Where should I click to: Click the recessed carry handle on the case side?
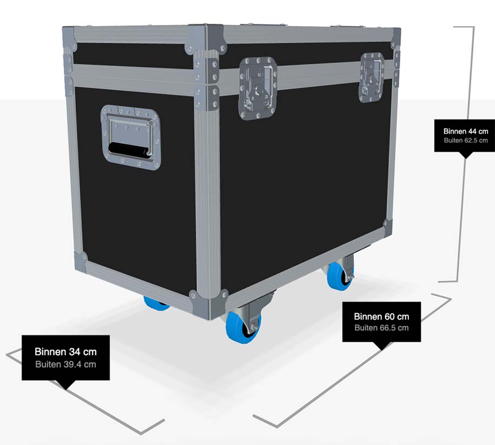(x=130, y=138)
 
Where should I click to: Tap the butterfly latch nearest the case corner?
(x=258, y=88)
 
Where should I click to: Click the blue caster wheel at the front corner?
(x=243, y=326)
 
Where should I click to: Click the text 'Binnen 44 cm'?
(x=465, y=131)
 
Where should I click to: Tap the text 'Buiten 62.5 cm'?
(x=465, y=140)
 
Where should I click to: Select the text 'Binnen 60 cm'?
(x=381, y=317)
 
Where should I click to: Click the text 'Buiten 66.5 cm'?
(x=381, y=328)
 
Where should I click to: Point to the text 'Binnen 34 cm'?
(x=65, y=352)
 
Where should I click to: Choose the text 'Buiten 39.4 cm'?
(x=65, y=364)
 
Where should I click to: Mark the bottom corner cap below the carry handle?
(x=81, y=261)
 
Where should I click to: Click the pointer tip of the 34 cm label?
(x=66, y=386)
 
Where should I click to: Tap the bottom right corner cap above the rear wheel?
(x=387, y=225)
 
